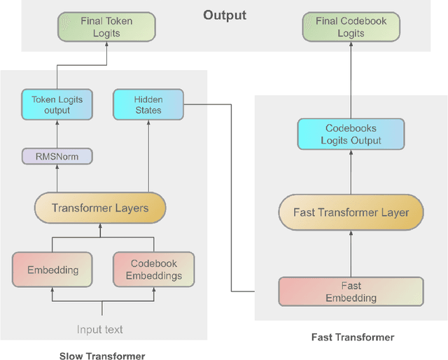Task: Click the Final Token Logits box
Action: click(x=105, y=27)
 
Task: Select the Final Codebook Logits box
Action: click(x=351, y=27)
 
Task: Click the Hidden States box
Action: click(x=148, y=104)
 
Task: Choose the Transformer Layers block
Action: click(x=100, y=208)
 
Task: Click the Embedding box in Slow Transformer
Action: click(x=52, y=270)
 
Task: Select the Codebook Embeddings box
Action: click(x=154, y=270)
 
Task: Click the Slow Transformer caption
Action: click(x=102, y=356)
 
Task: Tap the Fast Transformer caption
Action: click(x=352, y=338)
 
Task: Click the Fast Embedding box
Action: click(x=351, y=292)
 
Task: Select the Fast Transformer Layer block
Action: click(x=351, y=212)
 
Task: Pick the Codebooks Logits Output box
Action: click(x=351, y=134)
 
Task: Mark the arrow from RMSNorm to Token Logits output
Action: click(x=57, y=134)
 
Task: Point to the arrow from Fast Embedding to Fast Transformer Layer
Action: click(x=351, y=254)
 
